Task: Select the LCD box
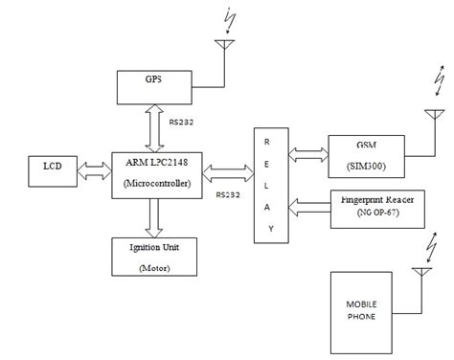point(50,170)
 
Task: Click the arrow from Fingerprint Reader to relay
point(307,203)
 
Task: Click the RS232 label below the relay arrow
point(228,194)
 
